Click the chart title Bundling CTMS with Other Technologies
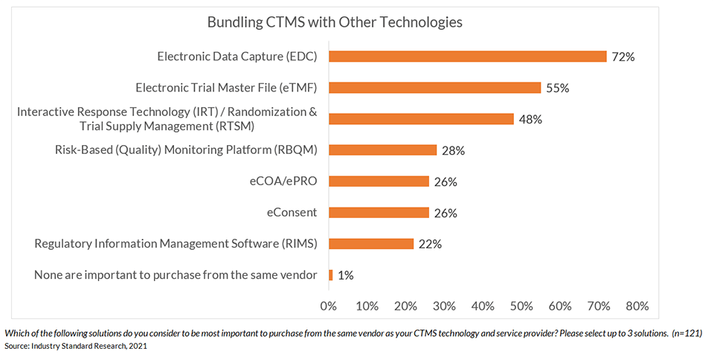(x=335, y=22)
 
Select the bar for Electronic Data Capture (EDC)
(x=467, y=57)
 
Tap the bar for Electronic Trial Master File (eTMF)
(x=434, y=88)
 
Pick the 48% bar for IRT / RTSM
(x=421, y=119)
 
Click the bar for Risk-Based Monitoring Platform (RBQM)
(x=382, y=150)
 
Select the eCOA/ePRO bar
(x=379, y=181)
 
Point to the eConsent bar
(x=379, y=213)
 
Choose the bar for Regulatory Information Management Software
(x=370, y=244)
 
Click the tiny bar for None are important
(x=330, y=275)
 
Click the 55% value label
(x=557, y=88)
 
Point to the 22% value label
(x=430, y=244)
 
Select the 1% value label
(x=345, y=275)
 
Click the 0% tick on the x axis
(x=328, y=306)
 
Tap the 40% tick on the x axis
(x=483, y=306)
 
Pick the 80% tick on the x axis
(x=637, y=306)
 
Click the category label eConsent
(x=292, y=213)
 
